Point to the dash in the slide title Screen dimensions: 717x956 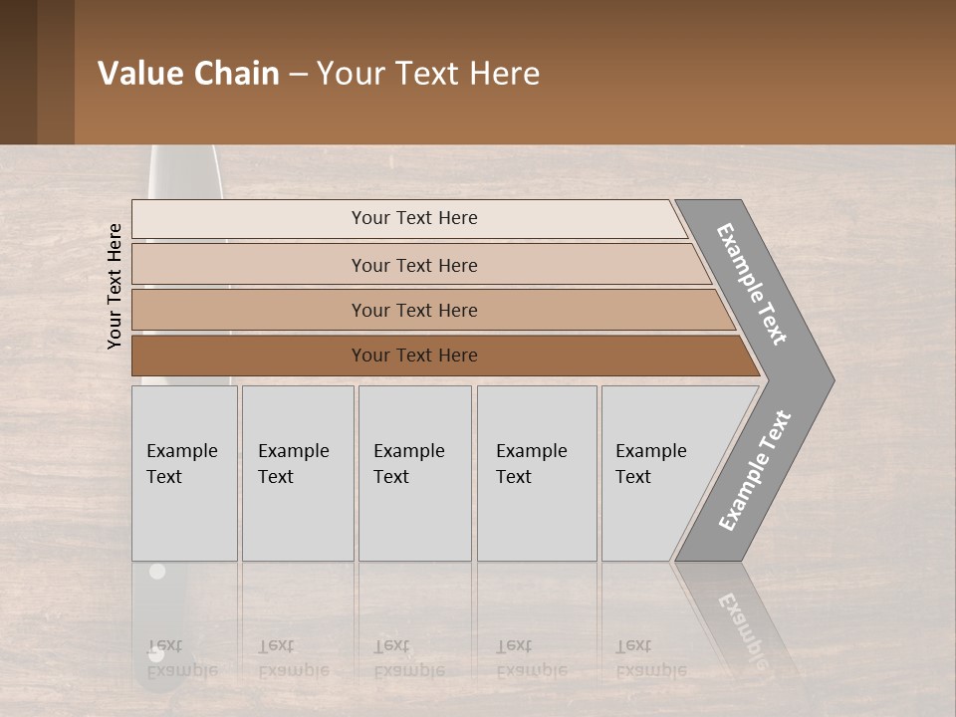[298, 75]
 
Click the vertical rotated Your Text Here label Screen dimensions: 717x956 [115, 286]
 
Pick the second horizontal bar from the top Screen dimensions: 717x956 [413, 265]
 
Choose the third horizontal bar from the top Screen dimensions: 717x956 [413, 310]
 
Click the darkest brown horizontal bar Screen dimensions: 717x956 [413, 356]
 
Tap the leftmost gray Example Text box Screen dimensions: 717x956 [184, 473]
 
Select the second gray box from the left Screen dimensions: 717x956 [298, 473]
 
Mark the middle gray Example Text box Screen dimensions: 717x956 [414, 473]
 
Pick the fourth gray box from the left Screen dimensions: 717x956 [537, 473]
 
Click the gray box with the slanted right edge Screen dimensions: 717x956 [657, 473]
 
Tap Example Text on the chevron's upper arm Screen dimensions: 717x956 [752, 284]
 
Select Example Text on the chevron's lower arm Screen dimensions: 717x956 [756, 471]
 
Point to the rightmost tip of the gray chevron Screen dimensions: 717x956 [832, 380]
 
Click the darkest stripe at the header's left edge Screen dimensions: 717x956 [18, 72]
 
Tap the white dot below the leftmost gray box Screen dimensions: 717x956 [156, 572]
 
